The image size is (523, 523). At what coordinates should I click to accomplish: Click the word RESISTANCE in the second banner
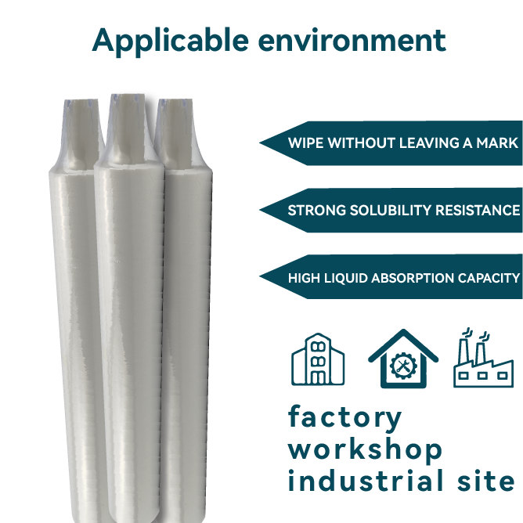pos(480,211)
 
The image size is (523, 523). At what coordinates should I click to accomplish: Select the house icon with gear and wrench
pos(404,359)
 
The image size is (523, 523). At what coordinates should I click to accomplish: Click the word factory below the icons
pos(344,418)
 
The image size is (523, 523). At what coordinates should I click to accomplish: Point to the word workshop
pos(365,449)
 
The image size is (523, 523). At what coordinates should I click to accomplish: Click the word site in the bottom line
pos(489,481)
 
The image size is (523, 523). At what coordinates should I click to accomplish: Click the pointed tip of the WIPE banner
pos(260,143)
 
